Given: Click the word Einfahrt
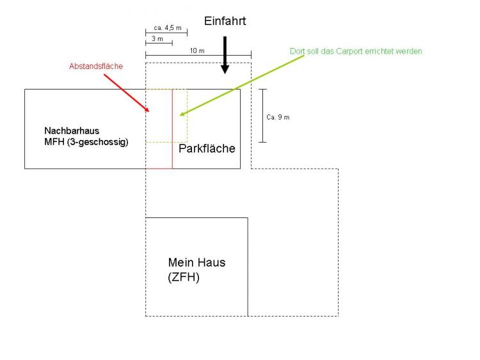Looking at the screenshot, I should click(x=225, y=21).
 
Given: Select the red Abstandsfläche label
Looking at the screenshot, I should click(x=96, y=66).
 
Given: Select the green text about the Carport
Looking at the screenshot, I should click(x=356, y=51).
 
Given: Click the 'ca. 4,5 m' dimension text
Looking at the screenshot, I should click(x=168, y=28).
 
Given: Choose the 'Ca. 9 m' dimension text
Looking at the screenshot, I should click(x=278, y=117).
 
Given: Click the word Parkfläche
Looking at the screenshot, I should click(x=207, y=148).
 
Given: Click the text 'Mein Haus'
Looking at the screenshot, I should click(x=196, y=262).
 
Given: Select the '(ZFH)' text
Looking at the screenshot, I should click(x=184, y=278).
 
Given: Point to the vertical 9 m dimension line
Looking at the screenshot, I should click(x=262, y=115).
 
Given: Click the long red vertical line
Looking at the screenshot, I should click(x=172, y=128).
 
